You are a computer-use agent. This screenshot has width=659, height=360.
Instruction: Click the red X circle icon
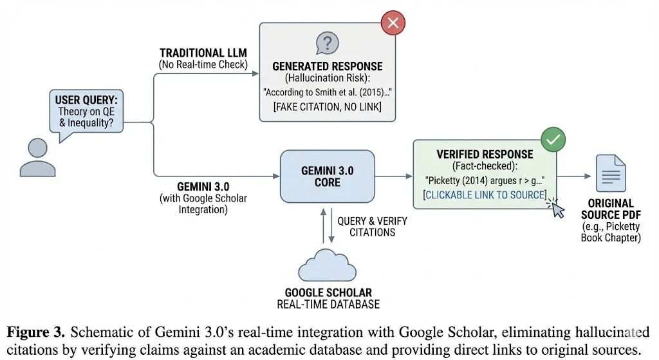click(x=393, y=24)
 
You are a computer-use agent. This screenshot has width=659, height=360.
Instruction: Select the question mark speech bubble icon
click(x=327, y=43)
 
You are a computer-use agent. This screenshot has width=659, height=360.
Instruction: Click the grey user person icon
click(x=37, y=157)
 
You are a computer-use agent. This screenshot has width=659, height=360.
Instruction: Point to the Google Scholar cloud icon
click(x=327, y=266)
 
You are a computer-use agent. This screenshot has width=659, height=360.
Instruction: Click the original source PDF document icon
click(x=610, y=173)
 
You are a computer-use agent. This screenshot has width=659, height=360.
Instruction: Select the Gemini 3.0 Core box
click(x=327, y=176)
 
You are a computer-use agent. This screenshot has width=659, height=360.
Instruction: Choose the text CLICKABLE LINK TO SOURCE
click(x=484, y=195)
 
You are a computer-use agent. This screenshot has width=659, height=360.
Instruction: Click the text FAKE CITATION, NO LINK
click(x=327, y=106)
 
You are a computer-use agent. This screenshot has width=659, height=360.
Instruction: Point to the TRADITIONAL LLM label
click(x=203, y=53)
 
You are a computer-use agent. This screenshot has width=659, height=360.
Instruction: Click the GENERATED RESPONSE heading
click(x=327, y=66)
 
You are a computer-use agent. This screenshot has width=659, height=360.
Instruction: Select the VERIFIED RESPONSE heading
click(x=485, y=155)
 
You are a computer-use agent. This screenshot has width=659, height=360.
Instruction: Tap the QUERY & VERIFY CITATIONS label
click(x=372, y=226)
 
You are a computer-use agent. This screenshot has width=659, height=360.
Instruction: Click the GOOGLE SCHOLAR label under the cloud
click(x=328, y=293)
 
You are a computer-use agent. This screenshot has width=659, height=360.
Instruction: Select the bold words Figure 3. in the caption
click(x=35, y=332)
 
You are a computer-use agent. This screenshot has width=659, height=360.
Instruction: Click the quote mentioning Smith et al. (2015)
click(x=327, y=92)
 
